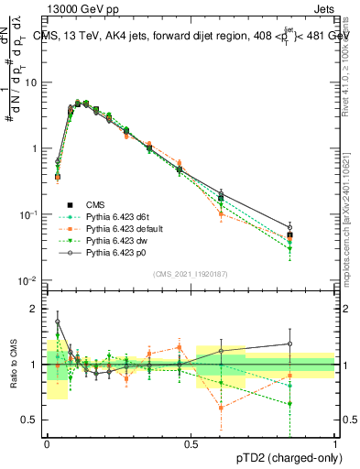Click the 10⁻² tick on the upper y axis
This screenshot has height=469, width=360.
(30, 280)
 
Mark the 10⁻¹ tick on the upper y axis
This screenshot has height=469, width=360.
(30, 214)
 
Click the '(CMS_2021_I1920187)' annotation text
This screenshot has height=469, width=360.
(191, 274)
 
